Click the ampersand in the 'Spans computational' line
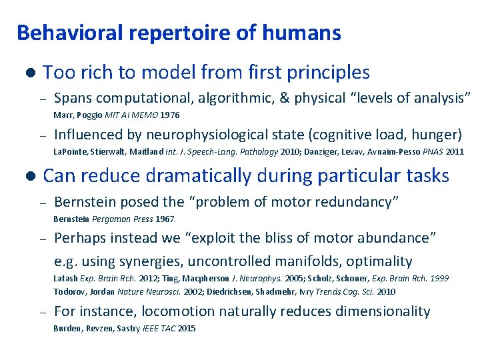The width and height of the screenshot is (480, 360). [285, 99]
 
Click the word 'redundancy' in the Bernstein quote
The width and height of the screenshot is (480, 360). [360, 202]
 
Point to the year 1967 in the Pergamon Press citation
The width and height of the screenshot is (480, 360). [165, 219]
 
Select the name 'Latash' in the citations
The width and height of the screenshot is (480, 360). [65, 279]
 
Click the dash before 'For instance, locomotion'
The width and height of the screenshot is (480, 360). [41, 312]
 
